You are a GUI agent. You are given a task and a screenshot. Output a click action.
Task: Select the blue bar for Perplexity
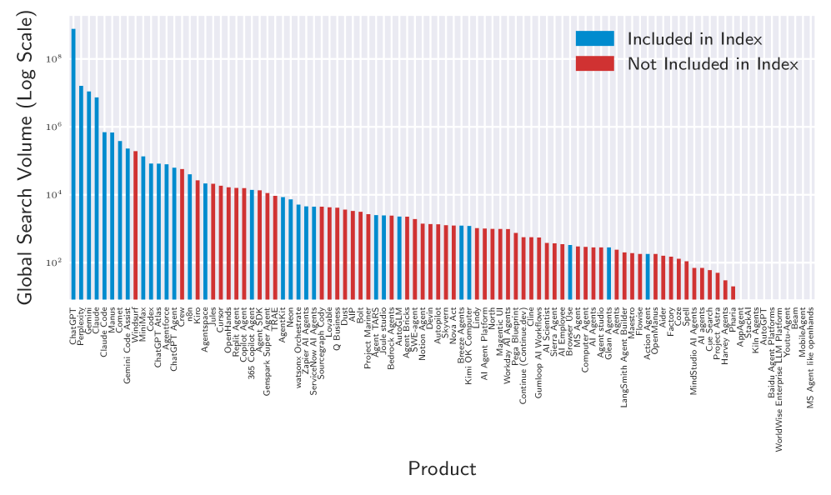tap(81, 192)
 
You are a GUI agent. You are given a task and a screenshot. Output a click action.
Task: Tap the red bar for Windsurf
tap(135, 224)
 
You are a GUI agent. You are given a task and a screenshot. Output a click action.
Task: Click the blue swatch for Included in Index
tap(594, 38)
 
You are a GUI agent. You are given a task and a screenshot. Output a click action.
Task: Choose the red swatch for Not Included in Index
tap(594, 64)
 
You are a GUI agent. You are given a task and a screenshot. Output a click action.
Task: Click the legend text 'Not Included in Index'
tap(713, 64)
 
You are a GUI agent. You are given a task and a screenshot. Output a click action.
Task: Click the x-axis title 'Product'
tap(442, 468)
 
